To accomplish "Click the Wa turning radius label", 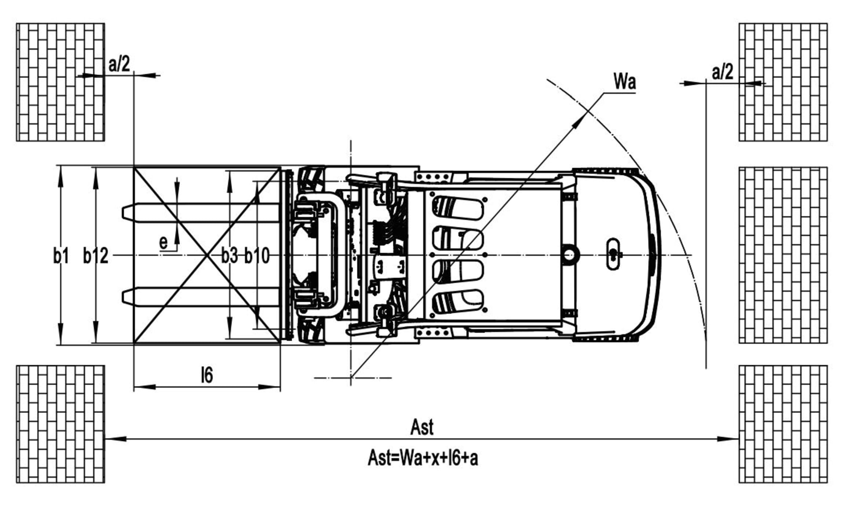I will click(624, 81).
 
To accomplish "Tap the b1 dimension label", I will click(61, 255).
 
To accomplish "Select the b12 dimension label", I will click(96, 255).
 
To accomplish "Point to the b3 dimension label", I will click(229, 255).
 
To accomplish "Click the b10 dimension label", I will click(257, 255).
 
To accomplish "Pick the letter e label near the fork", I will click(163, 242).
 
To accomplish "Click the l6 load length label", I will click(207, 375).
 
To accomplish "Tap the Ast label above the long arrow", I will click(422, 427).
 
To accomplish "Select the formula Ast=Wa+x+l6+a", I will click(423, 458).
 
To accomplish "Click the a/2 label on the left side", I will click(119, 64).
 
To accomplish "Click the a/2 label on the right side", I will click(722, 72).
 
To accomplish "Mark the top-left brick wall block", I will click(60, 82).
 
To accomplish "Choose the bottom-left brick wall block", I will click(60, 424).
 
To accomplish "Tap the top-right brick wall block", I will click(783, 82).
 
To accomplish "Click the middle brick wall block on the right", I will click(783, 255).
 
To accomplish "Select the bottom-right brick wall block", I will click(783, 424).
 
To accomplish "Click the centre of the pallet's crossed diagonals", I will click(207, 255).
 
